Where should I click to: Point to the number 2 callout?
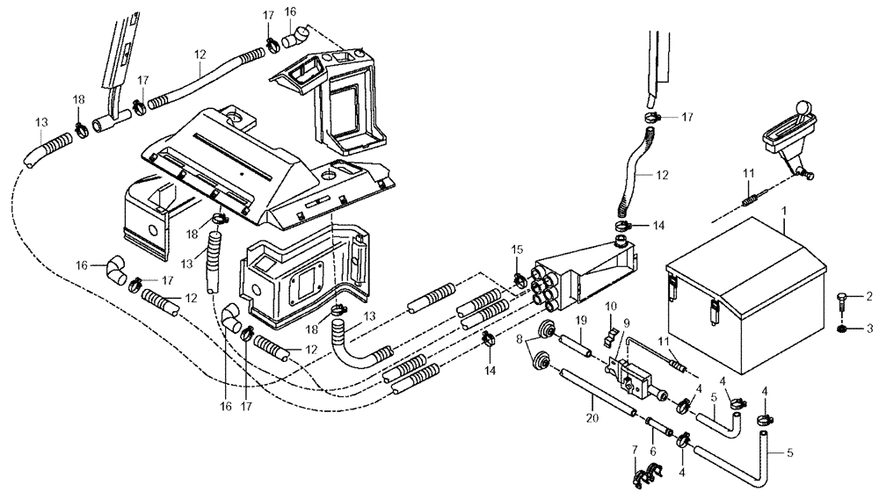click(x=869, y=297)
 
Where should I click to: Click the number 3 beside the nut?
click(x=869, y=329)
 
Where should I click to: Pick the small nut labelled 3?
click(x=842, y=329)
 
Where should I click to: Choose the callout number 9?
click(x=626, y=322)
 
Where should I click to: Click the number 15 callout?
click(x=519, y=250)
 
